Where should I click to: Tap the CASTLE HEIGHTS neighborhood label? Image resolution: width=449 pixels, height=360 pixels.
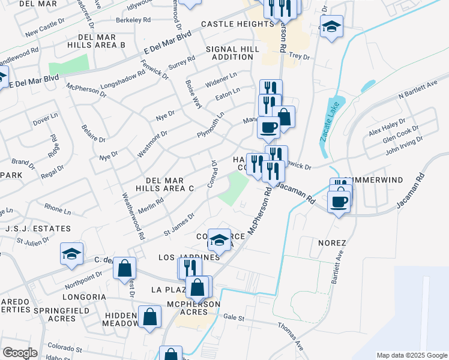click(237, 24)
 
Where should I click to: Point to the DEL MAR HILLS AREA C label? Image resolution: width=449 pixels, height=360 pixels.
click(170, 184)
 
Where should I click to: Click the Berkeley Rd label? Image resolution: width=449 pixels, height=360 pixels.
click(141, 19)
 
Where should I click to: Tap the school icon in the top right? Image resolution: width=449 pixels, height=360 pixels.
click(331, 26)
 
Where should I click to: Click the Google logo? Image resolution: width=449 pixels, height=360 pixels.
click(20, 353)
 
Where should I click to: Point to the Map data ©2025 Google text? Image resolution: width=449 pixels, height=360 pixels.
click(411, 355)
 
